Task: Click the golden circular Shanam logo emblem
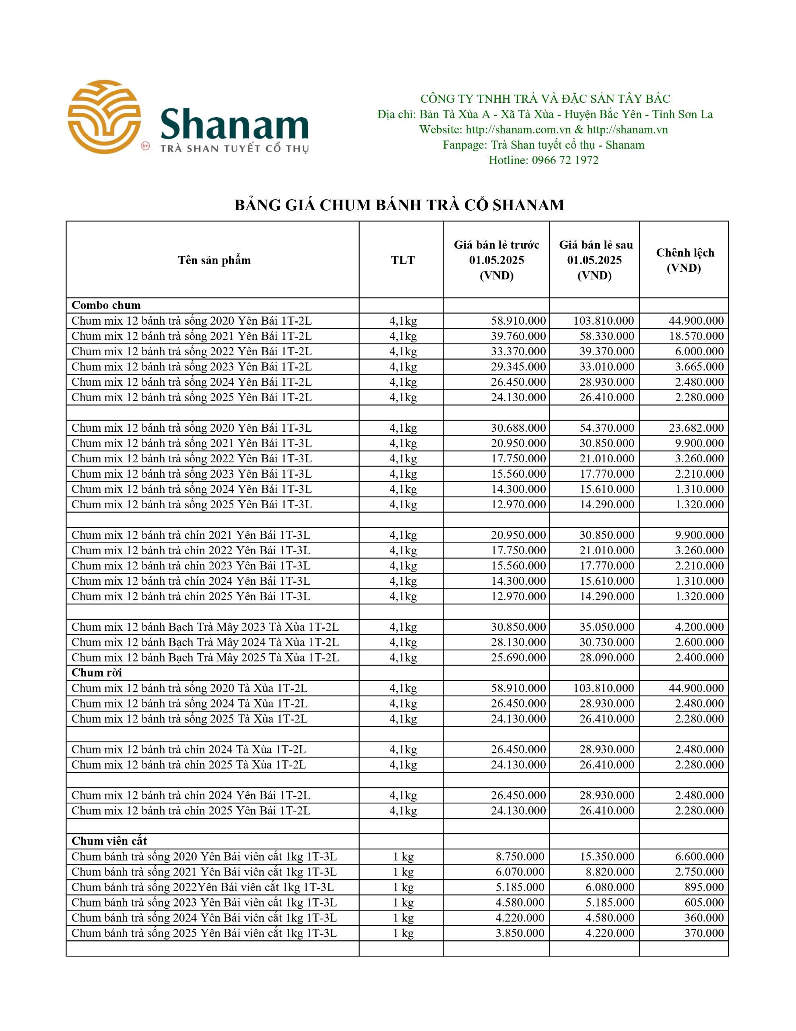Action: (104, 117)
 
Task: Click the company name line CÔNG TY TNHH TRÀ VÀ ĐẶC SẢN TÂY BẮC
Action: (545, 99)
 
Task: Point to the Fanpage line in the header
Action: (543, 145)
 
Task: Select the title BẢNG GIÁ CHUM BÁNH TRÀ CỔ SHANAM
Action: (399, 205)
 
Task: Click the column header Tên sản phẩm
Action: (214, 260)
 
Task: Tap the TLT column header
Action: (402, 260)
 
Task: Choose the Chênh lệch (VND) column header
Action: (685, 260)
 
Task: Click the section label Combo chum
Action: (106, 305)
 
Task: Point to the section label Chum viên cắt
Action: (109, 841)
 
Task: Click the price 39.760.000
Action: (518, 336)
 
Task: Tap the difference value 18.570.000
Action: (696, 336)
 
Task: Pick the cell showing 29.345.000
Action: (518, 367)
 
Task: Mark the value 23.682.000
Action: (696, 428)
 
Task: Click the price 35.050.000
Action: (607, 627)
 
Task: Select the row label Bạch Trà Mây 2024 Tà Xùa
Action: (205, 642)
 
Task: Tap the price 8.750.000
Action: (520, 856)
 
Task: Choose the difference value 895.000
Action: (704, 887)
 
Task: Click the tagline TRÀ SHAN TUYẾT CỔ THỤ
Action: (235, 149)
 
